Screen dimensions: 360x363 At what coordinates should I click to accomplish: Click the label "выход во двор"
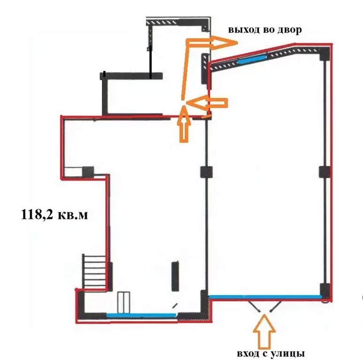click(265, 30)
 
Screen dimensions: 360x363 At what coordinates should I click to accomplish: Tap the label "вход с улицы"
click(269, 353)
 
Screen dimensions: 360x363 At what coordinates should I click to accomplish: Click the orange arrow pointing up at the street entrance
click(265, 331)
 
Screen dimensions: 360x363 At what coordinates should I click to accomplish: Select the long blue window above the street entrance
click(265, 296)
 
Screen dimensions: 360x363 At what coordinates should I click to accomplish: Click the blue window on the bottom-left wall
click(141, 315)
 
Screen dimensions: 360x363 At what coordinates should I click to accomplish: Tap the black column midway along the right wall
click(324, 172)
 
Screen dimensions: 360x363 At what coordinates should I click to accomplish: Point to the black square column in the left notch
click(88, 172)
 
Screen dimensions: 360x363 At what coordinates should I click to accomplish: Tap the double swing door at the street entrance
click(265, 307)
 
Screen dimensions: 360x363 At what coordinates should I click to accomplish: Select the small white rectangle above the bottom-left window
click(124, 302)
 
